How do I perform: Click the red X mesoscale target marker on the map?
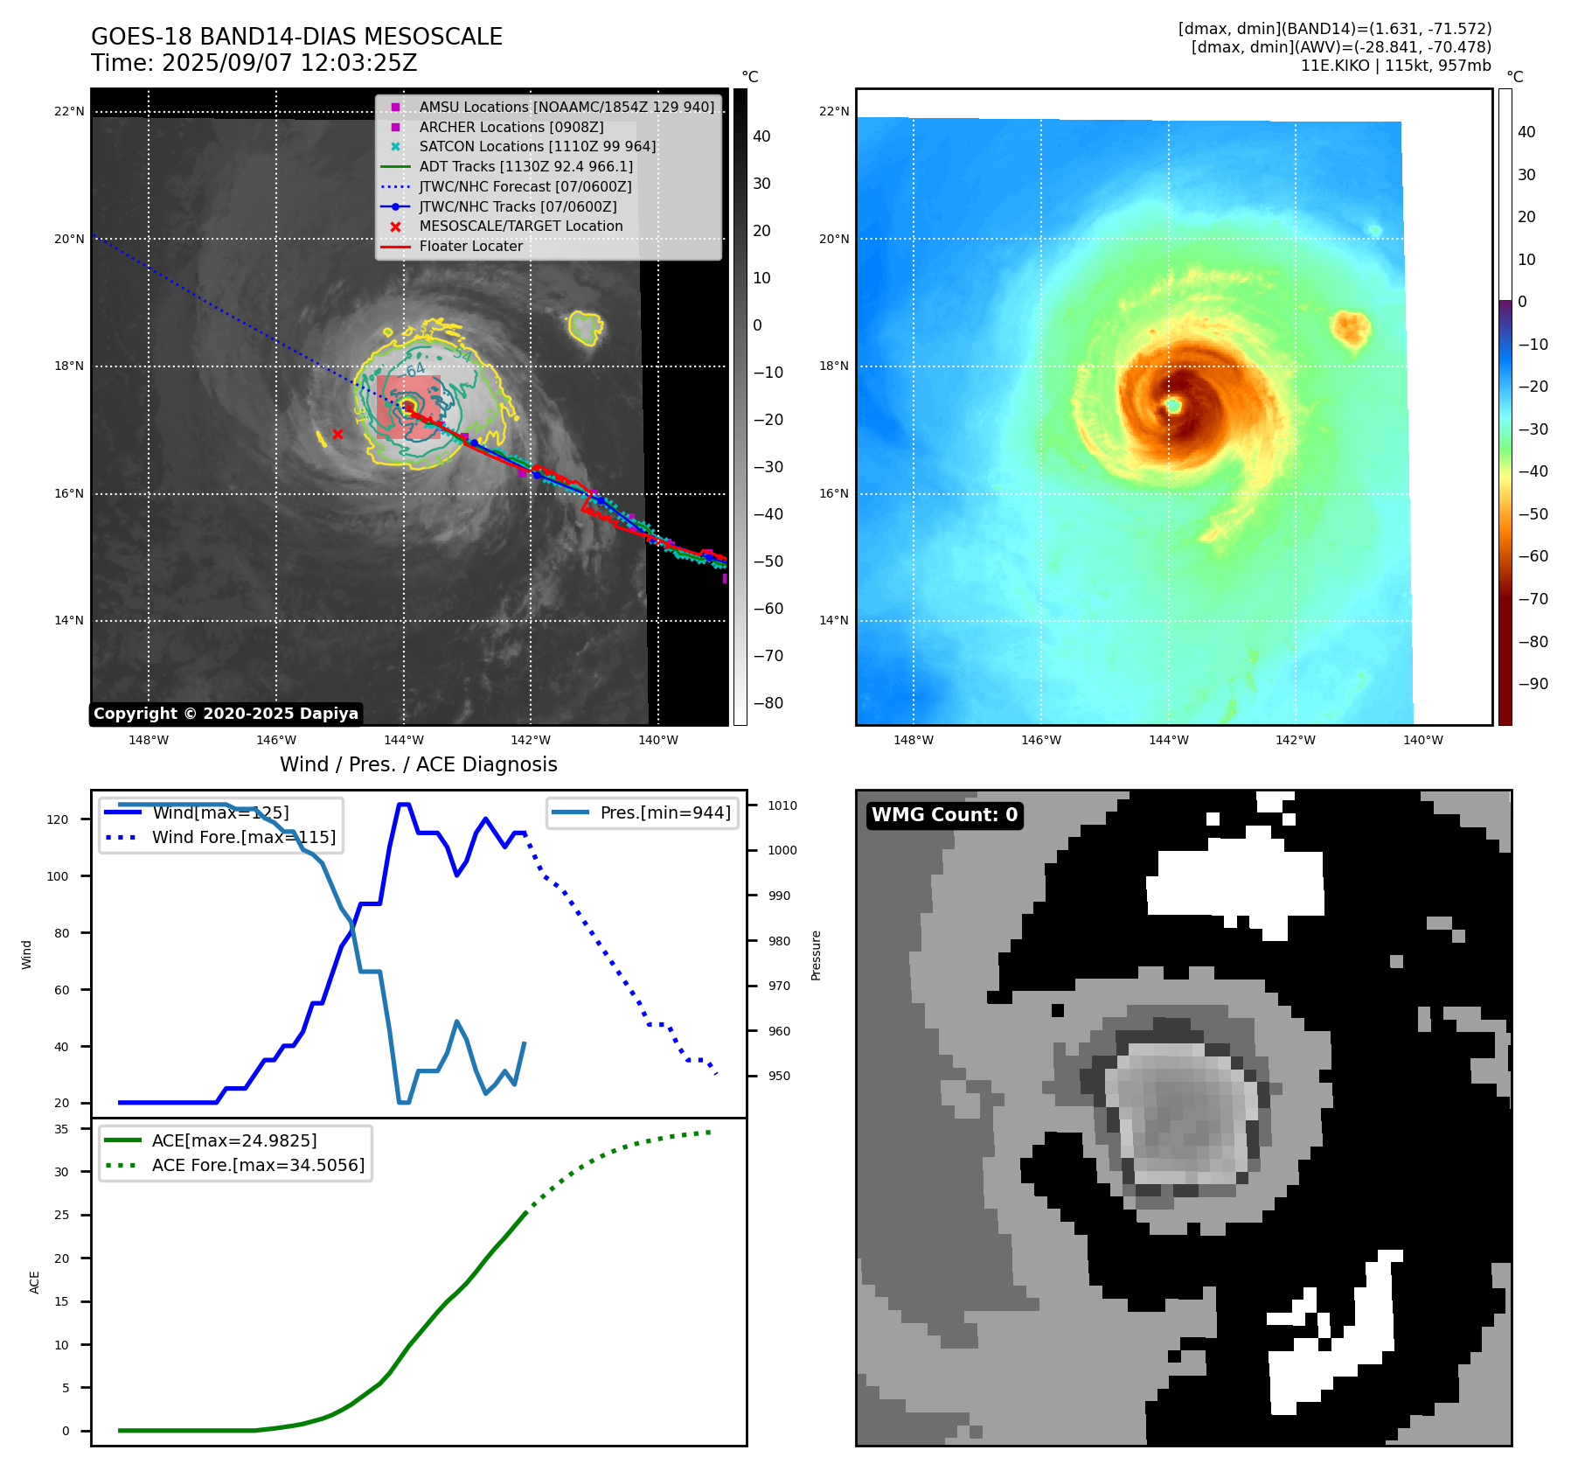tap(337, 434)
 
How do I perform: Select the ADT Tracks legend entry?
tap(525, 166)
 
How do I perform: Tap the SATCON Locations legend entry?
tap(537, 146)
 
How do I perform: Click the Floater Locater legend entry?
tap(470, 246)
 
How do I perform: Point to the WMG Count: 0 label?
tap(944, 815)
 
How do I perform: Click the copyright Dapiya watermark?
tap(226, 714)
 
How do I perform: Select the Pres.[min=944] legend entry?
tap(664, 812)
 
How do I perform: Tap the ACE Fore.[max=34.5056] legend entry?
tap(257, 1165)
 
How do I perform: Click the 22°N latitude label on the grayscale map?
tap(70, 111)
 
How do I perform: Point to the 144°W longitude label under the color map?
tap(1168, 740)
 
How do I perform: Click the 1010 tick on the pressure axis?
tap(782, 805)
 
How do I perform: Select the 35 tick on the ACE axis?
tap(61, 1129)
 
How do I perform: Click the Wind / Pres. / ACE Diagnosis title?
tap(418, 764)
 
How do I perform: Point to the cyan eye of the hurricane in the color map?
tap(1173, 406)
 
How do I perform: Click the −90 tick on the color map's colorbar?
tap(1532, 684)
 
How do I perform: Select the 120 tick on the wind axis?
tap(58, 819)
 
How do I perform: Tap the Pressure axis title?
tap(816, 955)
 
